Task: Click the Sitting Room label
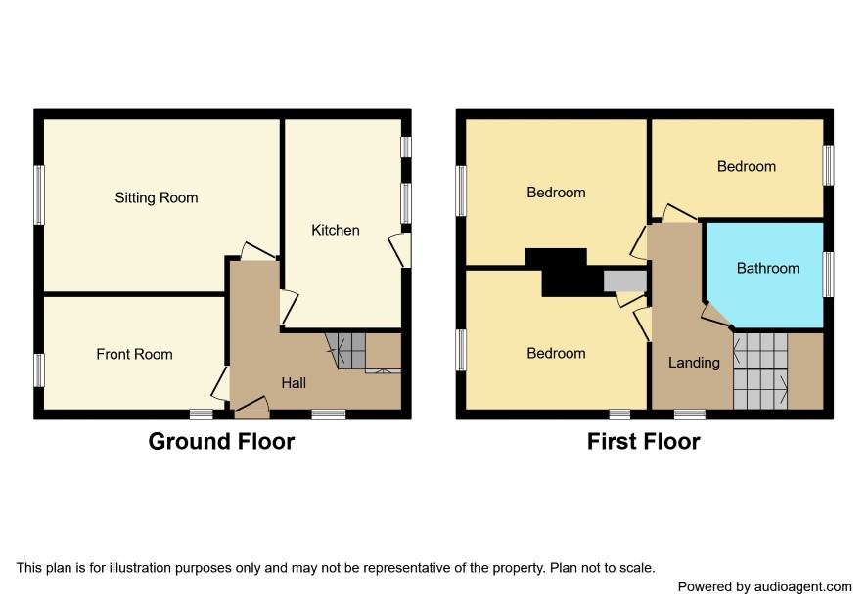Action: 157,197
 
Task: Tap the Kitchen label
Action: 335,230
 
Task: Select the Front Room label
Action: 134,354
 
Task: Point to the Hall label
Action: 293,383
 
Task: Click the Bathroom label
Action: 768,269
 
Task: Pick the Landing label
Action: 694,363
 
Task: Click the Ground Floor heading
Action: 221,442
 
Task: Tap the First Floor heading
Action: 644,442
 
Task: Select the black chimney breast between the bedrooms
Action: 565,273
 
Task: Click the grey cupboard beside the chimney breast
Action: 625,281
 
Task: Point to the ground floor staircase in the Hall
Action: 346,351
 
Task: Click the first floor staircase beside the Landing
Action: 760,370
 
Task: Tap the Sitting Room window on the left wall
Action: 39,195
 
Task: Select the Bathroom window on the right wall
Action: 828,275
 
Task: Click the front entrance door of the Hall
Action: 251,407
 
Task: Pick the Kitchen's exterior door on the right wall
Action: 400,250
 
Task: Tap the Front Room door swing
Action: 220,383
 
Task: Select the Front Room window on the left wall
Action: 39,370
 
